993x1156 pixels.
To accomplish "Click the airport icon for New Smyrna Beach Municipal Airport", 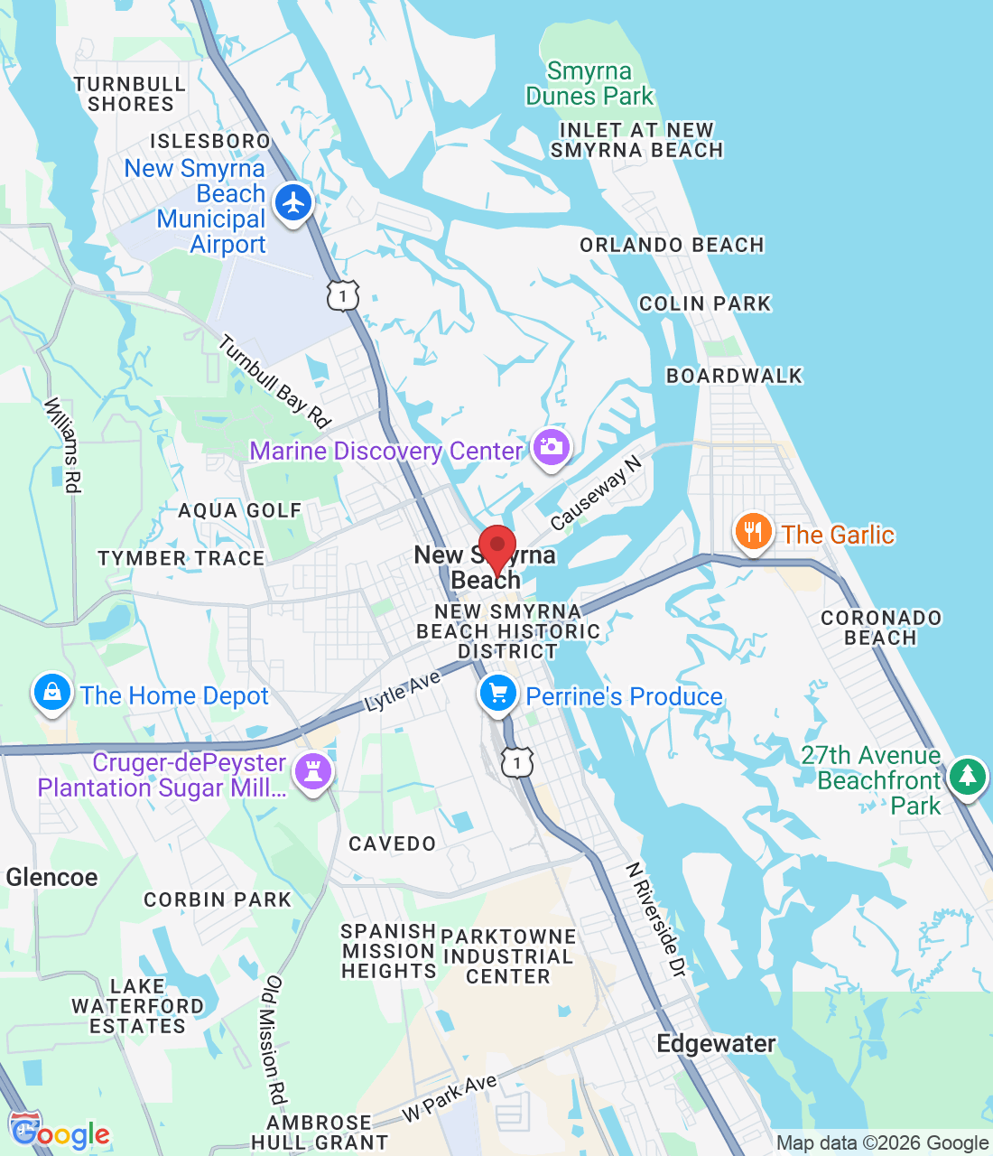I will [293, 202].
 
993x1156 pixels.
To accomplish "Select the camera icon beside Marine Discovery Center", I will [551, 447].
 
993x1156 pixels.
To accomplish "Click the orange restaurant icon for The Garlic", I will [752, 531].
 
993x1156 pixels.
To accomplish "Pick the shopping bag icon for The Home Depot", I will [52, 693].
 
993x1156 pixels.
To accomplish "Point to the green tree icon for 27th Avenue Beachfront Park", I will [967, 776].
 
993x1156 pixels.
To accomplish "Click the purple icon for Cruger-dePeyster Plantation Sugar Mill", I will [313, 772].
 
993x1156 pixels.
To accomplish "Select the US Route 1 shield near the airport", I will [343, 295].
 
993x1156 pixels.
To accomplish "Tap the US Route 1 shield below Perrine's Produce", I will [516, 763].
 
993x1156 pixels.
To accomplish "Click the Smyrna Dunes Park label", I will [589, 83].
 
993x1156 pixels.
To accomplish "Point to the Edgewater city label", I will [716, 1044].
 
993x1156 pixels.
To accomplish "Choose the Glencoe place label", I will [51, 877].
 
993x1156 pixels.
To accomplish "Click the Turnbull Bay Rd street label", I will [274, 381].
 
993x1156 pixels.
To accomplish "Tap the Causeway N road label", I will [596, 493].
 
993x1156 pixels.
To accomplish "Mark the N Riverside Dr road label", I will [656, 919].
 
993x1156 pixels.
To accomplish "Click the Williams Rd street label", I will [63, 445].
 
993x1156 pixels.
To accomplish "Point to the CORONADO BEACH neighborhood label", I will [880, 628].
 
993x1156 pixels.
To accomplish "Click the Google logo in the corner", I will [60, 1133].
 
